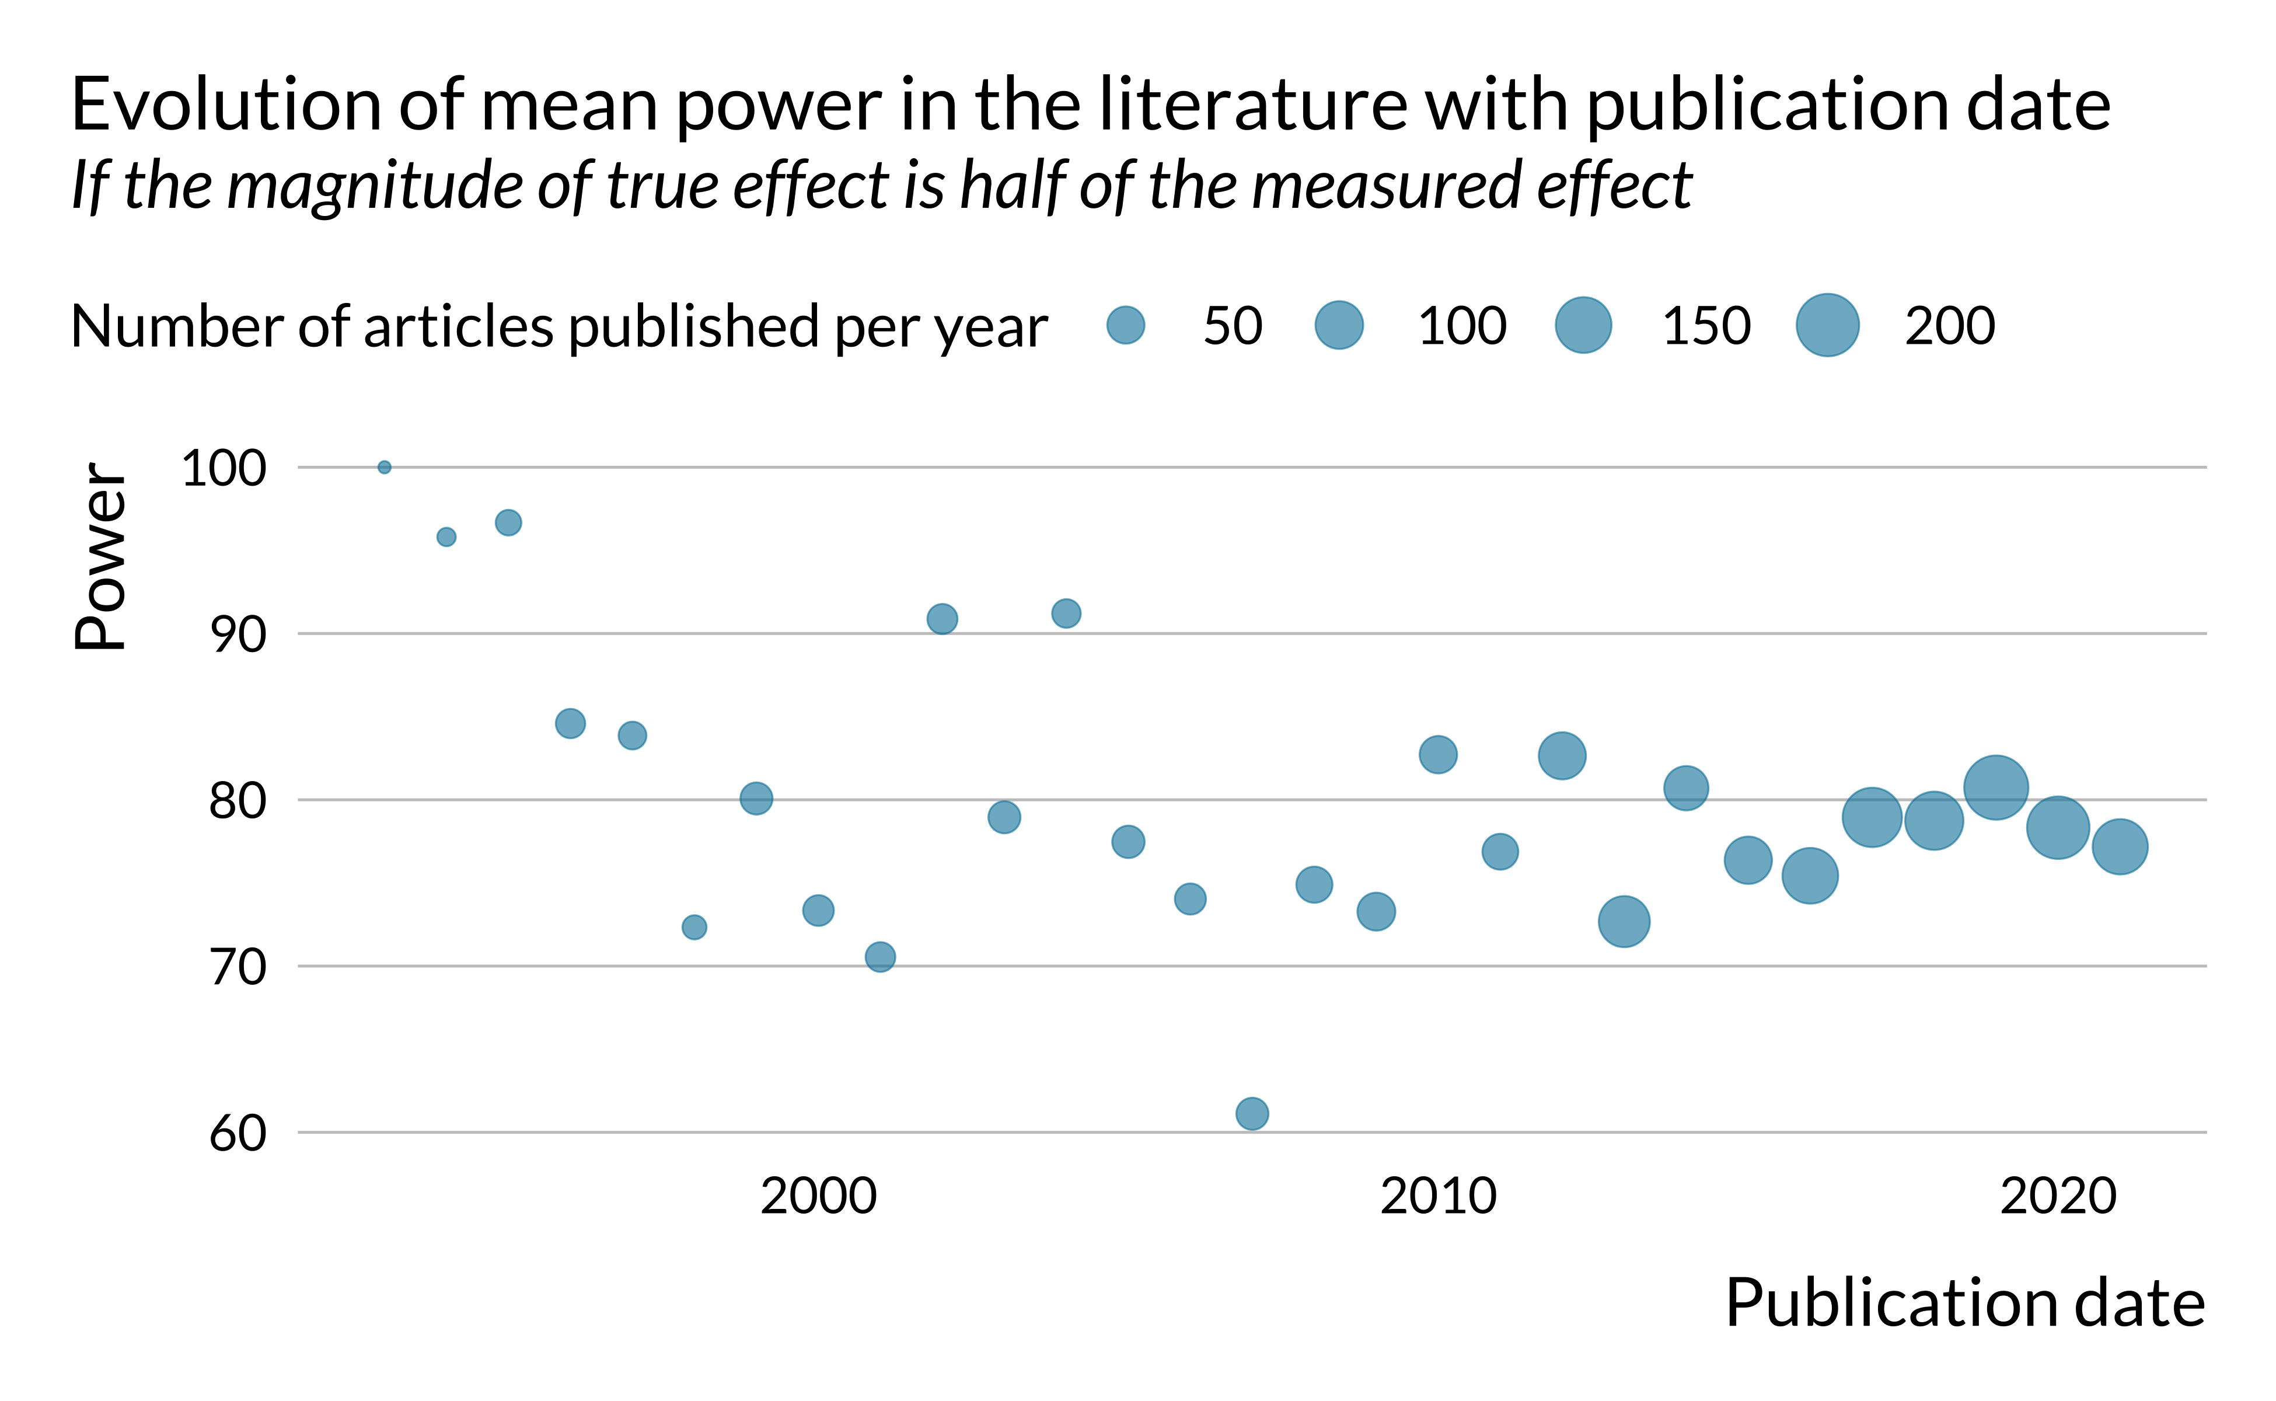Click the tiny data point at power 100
tap(385, 467)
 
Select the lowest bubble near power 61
tap(1251, 1113)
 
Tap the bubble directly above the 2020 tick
tap(2057, 827)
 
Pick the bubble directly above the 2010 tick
tap(1437, 754)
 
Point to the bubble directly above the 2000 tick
tap(818, 911)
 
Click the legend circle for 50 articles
tap(1126, 325)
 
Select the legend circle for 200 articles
tap(1827, 325)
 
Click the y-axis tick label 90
tap(237, 635)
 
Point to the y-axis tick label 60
tap(237, 1133)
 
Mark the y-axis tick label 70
tap(237, 967)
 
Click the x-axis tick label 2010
tap(1437, 1196)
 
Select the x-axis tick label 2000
tap(818, 1196)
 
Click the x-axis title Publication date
tap(1964, 1304)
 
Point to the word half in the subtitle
tap(1014, 184)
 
